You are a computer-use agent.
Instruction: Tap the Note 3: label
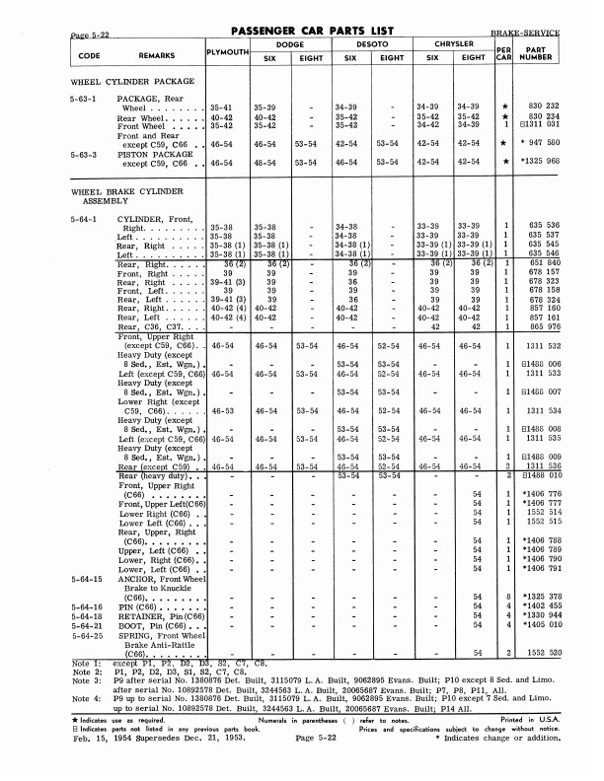[86, 680]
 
